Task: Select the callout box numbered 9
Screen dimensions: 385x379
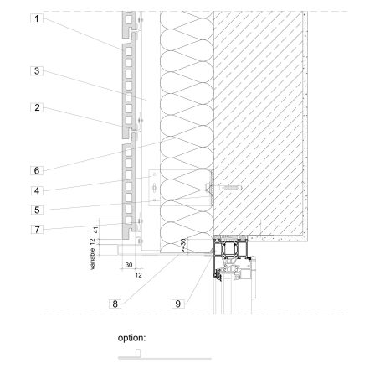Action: coord(178,304)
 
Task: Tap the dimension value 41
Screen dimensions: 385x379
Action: coord(98,226)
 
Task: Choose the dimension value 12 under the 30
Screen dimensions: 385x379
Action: coord(139,274)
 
